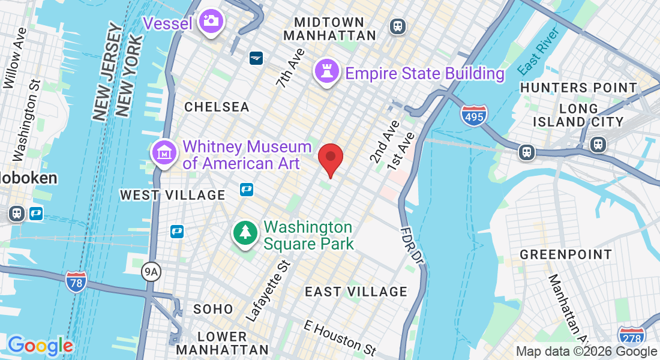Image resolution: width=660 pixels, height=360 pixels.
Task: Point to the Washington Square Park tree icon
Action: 245,232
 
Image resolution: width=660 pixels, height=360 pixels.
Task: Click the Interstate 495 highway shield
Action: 474,114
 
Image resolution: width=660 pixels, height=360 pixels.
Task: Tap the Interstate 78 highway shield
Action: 76,281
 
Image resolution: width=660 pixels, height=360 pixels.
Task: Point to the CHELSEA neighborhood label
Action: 217,107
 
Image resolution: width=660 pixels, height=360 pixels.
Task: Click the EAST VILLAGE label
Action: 356,292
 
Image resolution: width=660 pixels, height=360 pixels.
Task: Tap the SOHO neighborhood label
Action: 213,309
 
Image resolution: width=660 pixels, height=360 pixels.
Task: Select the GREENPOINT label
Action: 566,254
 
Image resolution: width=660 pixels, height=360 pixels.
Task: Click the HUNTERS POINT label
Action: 578,88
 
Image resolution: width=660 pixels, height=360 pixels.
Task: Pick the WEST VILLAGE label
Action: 173,195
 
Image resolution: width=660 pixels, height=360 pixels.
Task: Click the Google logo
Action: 40,346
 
